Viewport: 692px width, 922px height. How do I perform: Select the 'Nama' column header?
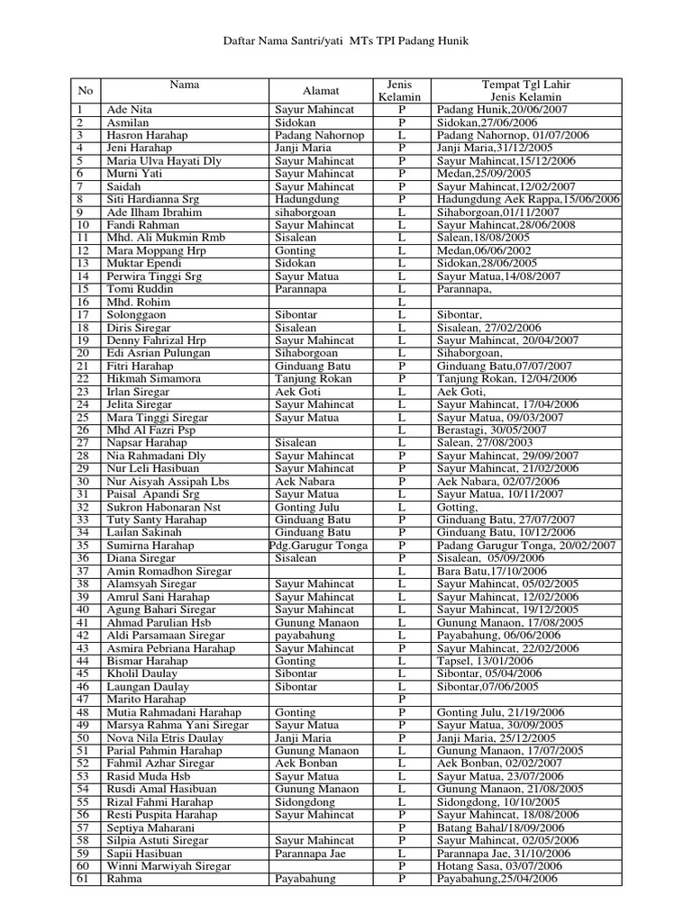click(x=186, y=86)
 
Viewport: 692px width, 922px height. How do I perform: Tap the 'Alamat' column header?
click(x=319, y=91)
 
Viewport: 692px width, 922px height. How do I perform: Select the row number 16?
click(x=83, y=303)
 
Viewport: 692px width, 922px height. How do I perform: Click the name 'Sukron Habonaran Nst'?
click(x=162, y=508)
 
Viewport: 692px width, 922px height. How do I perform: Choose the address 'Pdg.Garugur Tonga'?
click(x=318, y=547)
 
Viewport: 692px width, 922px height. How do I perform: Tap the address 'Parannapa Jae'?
click(x=313, y=854)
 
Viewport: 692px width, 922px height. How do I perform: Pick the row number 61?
click(x=83, y=879)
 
